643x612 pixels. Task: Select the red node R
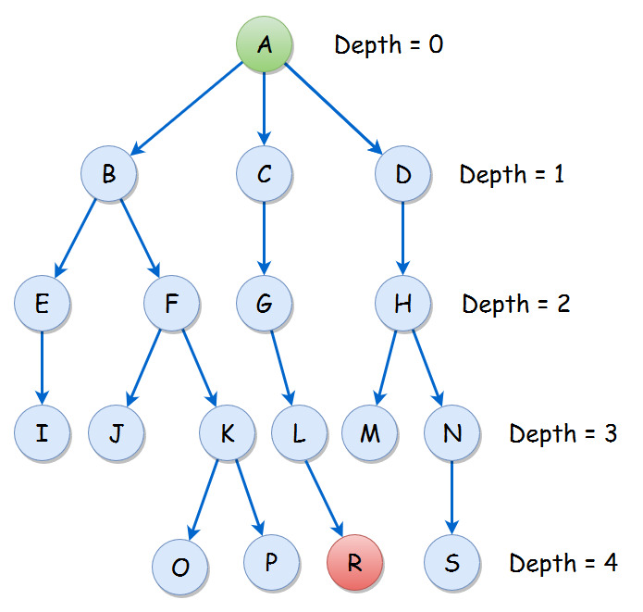pyautogui.click(x=356, y=562)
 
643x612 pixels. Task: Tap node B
pyautogui.click(x=108, y=173)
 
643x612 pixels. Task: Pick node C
pyautogui.click(x=265, y=173)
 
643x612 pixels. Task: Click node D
pyautogui.click(x=403, y=173)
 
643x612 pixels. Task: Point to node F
pyautogui.click(x=172, y=303)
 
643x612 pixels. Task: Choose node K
pyautogui.click(x=228, y=432)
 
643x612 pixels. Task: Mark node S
pyautogui.click(x=451, y=562)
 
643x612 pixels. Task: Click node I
pyautogui.click(x=43, y=432)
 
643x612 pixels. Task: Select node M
pyautogui.click(x=370, y=432)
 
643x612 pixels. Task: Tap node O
pyautogui.click(x=181, y=566)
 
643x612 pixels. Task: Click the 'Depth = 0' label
pyautogui.click(x=389, y=44)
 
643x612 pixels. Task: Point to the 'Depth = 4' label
pyautogui.click(x=563, y=562)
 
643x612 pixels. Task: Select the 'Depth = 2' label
pyautogui.click(x=516, y=304)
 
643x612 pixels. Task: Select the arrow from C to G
pyautogui.click(x=265, y=238)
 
